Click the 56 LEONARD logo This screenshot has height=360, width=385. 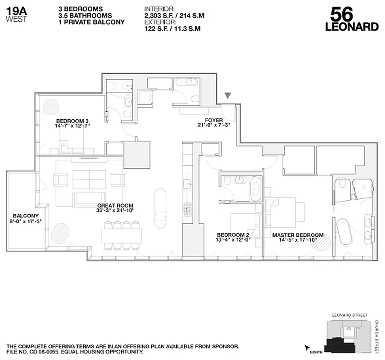pyautogui.click(x=351, y=19)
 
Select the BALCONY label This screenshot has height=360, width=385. pyautogui.click(x=22, y=216)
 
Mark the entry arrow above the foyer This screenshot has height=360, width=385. pyautogui.click(x=228, y=95)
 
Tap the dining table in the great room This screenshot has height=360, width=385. pyautogui.click(x=122, y=234)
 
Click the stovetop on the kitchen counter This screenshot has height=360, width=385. pyautogui.click(x=187, y=208)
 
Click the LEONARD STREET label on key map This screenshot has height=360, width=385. pyautogui.click(x=349, y=315)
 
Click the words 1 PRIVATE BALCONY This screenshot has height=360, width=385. pyautogui.click(x=92, y=22)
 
